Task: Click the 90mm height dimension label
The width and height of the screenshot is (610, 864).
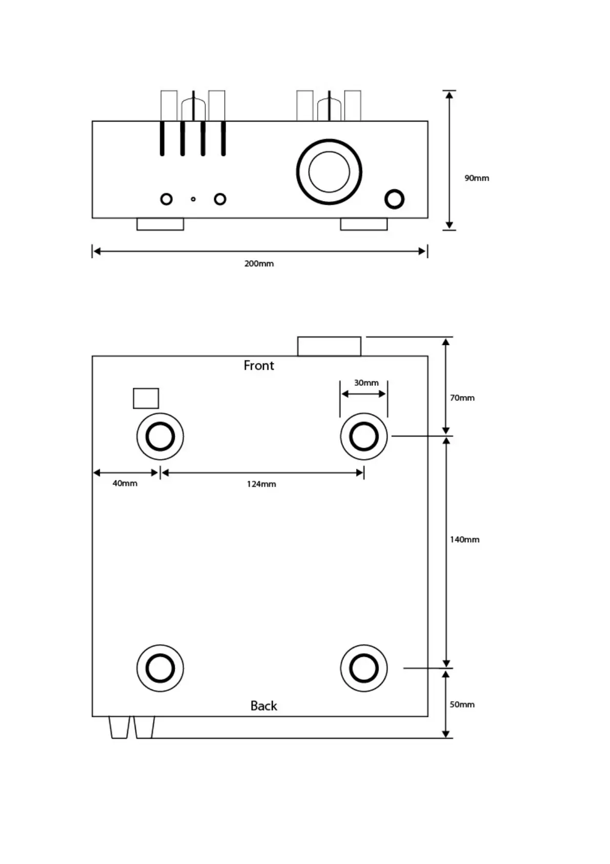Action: [477, 178]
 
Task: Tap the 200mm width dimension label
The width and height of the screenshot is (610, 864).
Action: [259, 264]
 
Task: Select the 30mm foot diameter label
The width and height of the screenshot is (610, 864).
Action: [366, 383]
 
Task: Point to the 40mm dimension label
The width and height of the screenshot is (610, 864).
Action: [125, 483]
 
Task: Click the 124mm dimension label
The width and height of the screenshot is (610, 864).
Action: [261, 484]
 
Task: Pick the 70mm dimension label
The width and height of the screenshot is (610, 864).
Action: [462, 398]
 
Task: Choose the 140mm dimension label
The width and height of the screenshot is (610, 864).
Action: [464, 539]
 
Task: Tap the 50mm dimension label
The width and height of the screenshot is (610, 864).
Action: [462, 704]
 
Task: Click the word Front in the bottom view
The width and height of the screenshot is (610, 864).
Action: [259, 365]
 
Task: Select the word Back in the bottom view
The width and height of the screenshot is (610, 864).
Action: [263, 706]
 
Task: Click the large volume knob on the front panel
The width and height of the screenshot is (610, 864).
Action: [329, 172]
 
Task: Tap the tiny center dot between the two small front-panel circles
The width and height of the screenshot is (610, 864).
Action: [193, 199]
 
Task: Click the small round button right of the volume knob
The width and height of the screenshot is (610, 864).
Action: [394, 199]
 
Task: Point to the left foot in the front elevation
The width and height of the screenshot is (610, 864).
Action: [160, 224]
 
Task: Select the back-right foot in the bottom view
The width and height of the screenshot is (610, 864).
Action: [364, 668]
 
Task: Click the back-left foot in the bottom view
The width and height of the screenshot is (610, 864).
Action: [160, 668]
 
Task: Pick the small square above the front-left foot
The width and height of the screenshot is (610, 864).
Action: [146, 399]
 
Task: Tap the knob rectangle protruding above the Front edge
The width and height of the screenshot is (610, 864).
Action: [329, 346]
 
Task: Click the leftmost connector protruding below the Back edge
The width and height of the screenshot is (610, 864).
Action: [119, 728]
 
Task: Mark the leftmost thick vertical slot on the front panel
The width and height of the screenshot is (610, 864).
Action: [162, 138]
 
